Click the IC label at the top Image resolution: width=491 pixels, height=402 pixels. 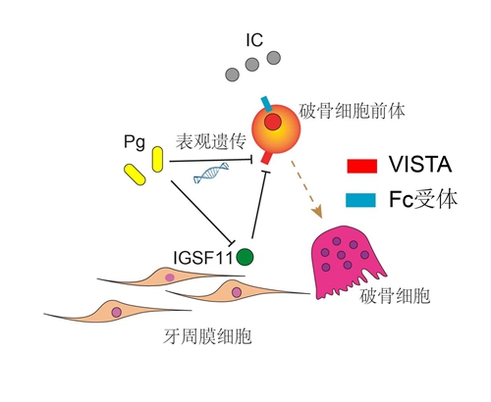[254, 40]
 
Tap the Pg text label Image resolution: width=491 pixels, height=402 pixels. [135, 143]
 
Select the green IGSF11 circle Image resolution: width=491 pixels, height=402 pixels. [245, 257]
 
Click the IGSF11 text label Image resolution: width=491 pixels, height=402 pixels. [203, 258]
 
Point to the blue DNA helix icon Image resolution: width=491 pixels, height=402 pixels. [211, 173]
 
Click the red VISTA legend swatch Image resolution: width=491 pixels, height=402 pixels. [361, 166]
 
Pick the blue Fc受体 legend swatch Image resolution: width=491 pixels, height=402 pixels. [360, 200]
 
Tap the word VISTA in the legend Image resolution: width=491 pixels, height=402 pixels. [420, 164]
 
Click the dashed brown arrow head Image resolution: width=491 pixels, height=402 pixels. [317, 212]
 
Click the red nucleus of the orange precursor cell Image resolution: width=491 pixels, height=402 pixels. [273, 123]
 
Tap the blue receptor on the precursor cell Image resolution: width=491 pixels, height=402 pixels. [266, 104]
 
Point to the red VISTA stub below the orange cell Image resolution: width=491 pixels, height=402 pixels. [266, 158]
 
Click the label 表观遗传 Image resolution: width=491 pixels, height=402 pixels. [211, 141]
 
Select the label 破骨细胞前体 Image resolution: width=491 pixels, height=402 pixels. [352, 111]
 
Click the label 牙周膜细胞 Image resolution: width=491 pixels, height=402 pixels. [207, 336]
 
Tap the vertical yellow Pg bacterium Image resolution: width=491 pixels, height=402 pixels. [157, 160]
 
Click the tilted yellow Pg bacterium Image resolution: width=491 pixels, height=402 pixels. [135, 175]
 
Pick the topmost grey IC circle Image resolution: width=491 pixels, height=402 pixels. [274, 58]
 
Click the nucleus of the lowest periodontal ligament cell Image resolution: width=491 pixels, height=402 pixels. [116, 312]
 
